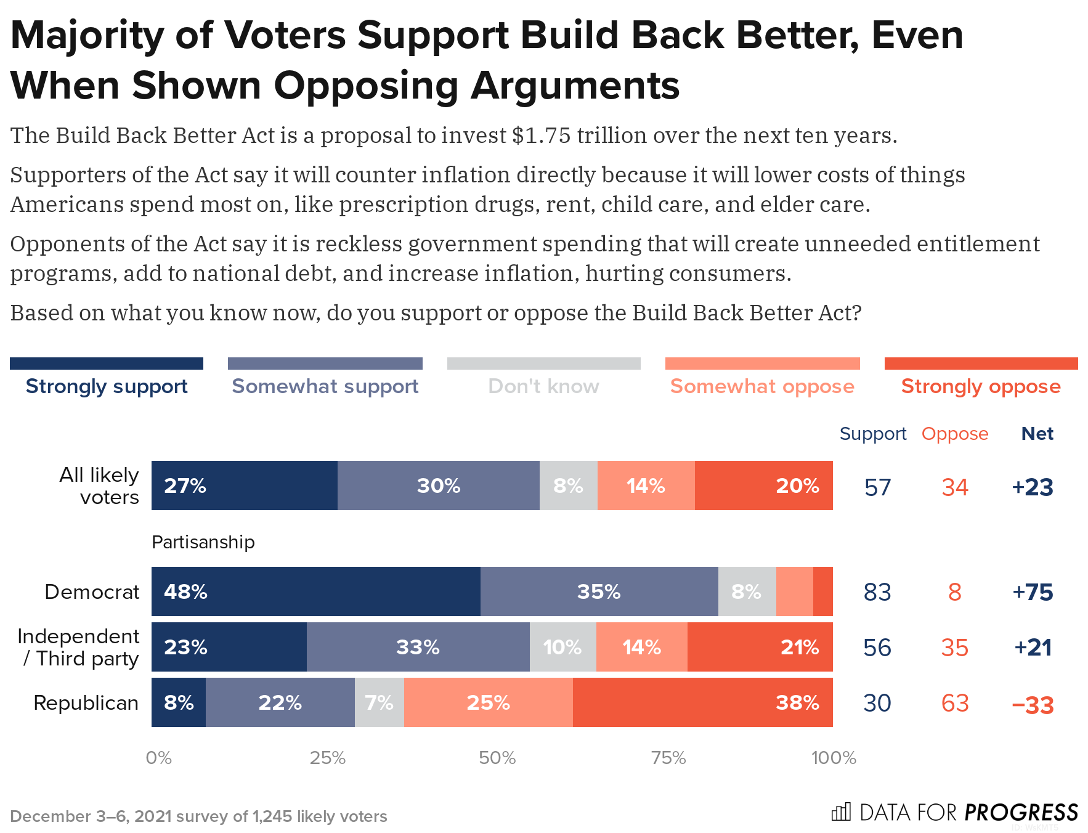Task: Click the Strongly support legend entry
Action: pyautogui.click(x=107, y=386)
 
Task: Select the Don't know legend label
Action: pyautogui.click(x=543, y=386)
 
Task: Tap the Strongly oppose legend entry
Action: pyautogui.click(x=981, y=386)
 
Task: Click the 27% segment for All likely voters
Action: pyautogui.click(x=244, y=486)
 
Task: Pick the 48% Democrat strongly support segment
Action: pyautogui.click(x=315, y=591)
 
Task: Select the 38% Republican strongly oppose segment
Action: pyautogui.click(x=702, y=702)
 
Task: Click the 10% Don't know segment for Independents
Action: pyautogui.click(x=562, y=647)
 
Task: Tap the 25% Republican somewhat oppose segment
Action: pyautogui.click(x=488, y=702)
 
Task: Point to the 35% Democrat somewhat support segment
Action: pyautogui.click(x=599, y=591)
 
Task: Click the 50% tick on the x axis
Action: pyautogui.click(x=497, y=758)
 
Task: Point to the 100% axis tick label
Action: pyautogui.click(x=834, y=758)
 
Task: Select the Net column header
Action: pyautogui.click(x=1037, y=434)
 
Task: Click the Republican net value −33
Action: pyautogui.click(x=1033, y=704)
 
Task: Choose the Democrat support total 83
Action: pyautogui.click(x=877, y=592)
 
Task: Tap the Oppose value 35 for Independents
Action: pyautogui.click(x=955, y=648)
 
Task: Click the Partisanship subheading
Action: pyautogui.click(x=203, y=542)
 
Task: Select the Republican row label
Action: pyautogui.click(x=86, y=702)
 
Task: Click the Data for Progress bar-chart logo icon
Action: pyautogui.click(x=841, y=812)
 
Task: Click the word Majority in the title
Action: pyautogui.click(x=87, y=35)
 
